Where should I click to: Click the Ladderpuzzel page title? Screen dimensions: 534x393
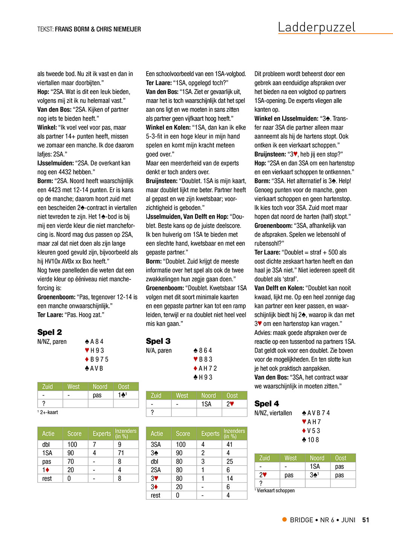click(317, 27)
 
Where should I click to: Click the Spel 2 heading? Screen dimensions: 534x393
click(49, 332)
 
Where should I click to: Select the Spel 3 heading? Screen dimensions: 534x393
click(158, 341)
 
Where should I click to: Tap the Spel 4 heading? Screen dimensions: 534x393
click(266, 404)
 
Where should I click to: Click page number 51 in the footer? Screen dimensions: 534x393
click(365, 520)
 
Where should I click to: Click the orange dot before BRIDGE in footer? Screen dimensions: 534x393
click(284, 520)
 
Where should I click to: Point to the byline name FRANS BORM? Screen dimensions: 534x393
click(72, 29)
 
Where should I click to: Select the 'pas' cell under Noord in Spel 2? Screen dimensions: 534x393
click(97, 395)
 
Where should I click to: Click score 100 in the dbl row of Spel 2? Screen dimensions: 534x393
click(72, 445)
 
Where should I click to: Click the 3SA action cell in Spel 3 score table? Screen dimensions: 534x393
click(156, 445)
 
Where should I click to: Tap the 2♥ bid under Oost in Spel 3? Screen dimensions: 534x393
click(230, 404)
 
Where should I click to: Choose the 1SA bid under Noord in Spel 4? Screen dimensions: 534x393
click(315, 466)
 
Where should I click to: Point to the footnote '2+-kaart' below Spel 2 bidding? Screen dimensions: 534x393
click(49, 412)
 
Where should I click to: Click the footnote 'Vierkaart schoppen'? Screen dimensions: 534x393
click(275, 491)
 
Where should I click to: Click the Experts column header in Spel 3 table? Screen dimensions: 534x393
click(210, 434)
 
